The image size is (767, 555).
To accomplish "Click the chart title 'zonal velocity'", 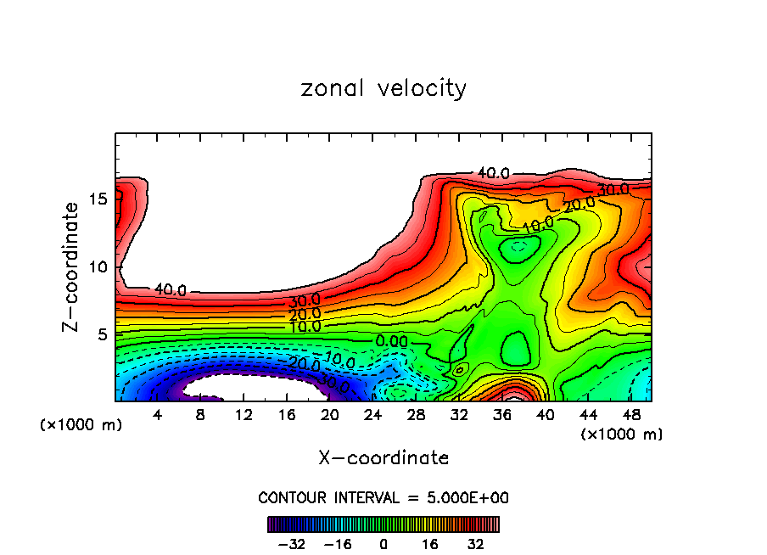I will pos(383,88).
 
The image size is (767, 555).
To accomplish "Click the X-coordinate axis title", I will pos(383,458).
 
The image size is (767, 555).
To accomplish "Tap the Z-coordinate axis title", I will pos(72,266).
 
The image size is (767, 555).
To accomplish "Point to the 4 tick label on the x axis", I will pos(157,416).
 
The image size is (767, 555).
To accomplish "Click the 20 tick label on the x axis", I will pos(330,416).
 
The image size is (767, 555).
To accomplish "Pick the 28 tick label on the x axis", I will pos(416,416).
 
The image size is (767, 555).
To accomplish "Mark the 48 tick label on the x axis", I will pos(631,416).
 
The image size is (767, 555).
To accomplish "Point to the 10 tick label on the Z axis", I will pos(98,266).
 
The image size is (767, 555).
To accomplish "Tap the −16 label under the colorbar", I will pos(338,545).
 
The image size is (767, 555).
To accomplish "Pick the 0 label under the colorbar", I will pos(383,545).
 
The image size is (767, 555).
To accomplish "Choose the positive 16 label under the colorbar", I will pos(430,545).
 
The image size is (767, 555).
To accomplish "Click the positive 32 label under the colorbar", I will pos(476,545).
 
